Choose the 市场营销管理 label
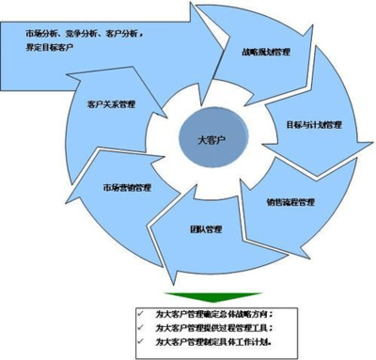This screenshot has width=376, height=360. click(128, 187)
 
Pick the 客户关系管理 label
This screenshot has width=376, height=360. click(112, 104)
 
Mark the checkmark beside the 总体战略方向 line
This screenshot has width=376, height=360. click(137, 311)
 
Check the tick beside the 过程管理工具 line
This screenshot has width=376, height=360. click(137, 327)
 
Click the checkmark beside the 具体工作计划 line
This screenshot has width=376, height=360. click(137, 343)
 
